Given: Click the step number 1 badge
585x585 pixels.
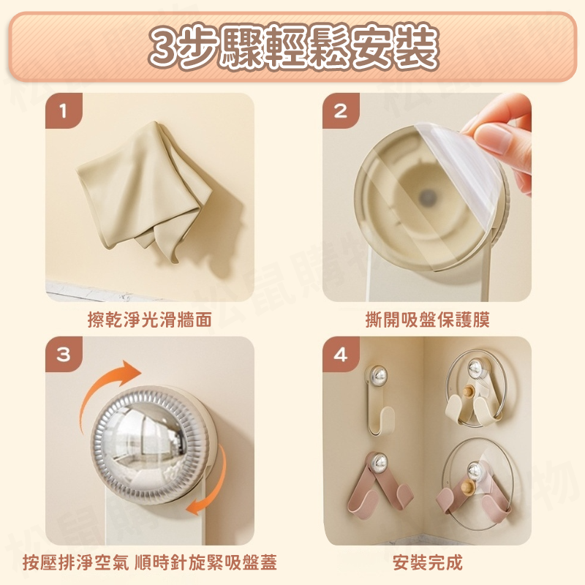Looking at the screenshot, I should click(x=64, y=112).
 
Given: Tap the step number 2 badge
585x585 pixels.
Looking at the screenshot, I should click(x=340, y=112).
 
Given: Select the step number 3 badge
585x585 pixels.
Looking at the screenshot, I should click(x=64, y=355).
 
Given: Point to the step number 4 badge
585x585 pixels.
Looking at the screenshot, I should click(x=340, y=355).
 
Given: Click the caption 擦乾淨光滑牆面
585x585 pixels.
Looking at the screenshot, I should click(x=150, y=320).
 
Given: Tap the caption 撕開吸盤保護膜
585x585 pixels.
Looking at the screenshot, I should click(x=427, y=320).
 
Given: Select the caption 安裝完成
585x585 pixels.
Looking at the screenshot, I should click(x=427, y=562).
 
